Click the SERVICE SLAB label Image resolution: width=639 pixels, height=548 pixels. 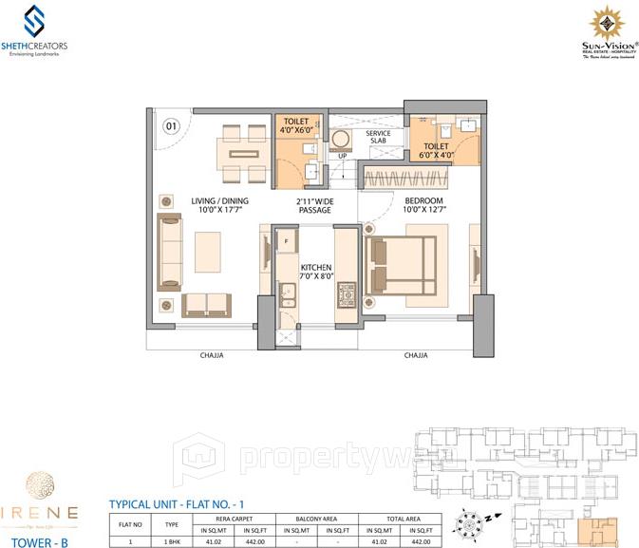[x=379, y=138]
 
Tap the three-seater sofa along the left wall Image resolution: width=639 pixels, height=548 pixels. [x=172, y=251]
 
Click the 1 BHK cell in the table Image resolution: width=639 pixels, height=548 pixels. [x=172, y=540]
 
